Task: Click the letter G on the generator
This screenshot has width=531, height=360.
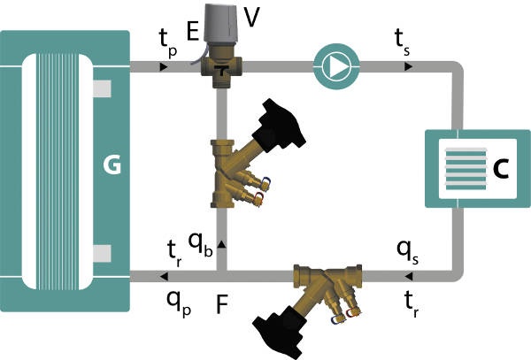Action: (x=112, y=165)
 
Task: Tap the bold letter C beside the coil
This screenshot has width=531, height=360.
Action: (x=501, y=168)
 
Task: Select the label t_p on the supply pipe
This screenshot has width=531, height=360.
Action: (x=168, y=42)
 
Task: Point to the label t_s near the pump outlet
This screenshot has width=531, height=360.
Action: (x=402, y=42)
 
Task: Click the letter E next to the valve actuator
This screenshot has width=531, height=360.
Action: (x=193, y=32)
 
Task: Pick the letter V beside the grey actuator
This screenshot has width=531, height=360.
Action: (x=252, y=17)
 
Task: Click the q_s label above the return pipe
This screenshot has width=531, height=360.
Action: (x=407, y=252)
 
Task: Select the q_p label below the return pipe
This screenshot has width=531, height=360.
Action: (x=179, y=303)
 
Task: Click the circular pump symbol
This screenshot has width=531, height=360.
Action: (x=336, y=66)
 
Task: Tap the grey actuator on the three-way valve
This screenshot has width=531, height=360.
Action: (x=223, y=25)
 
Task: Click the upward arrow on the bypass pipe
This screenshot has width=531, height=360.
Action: (x=221, y=244)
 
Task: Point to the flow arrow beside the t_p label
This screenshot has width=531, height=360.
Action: (x=164, y=67)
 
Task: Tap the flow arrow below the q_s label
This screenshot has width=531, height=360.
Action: (x=408, y=277)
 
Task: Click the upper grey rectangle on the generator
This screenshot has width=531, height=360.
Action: (x=102, y=88)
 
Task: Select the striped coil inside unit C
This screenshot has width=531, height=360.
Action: (x=466, y=169)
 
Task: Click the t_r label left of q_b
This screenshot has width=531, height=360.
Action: (x=174, y=254)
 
